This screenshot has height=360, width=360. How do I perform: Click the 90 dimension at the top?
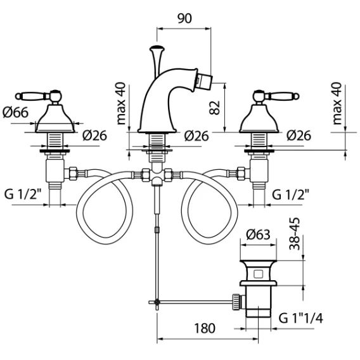click(184, 18)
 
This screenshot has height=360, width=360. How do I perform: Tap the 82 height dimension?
click(215, 108)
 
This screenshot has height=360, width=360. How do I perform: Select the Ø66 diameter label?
click(16, 112)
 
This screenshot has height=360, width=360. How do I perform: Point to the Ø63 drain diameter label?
click(258, 235)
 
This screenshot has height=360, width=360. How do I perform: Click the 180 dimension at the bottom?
click(205, 328)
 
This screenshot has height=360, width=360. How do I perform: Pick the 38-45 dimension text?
click(295, 233)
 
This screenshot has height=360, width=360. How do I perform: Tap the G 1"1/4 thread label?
click(301, 318)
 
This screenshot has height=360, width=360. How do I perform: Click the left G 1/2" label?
click(23, 194)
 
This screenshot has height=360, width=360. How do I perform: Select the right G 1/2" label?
click(291, 194)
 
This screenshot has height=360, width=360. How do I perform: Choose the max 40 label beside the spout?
click(121, 103)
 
